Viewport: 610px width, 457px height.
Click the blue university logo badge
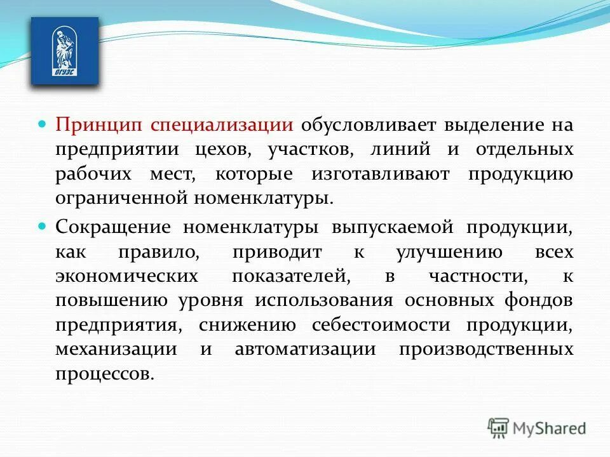(x=65, y=51)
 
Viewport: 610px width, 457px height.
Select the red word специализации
(x=222, y=124)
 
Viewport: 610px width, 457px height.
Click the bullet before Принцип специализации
(x=43, y=121)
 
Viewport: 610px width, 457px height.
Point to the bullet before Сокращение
(x=43, y=225)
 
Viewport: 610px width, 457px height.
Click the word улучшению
(x=449, y=252)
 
